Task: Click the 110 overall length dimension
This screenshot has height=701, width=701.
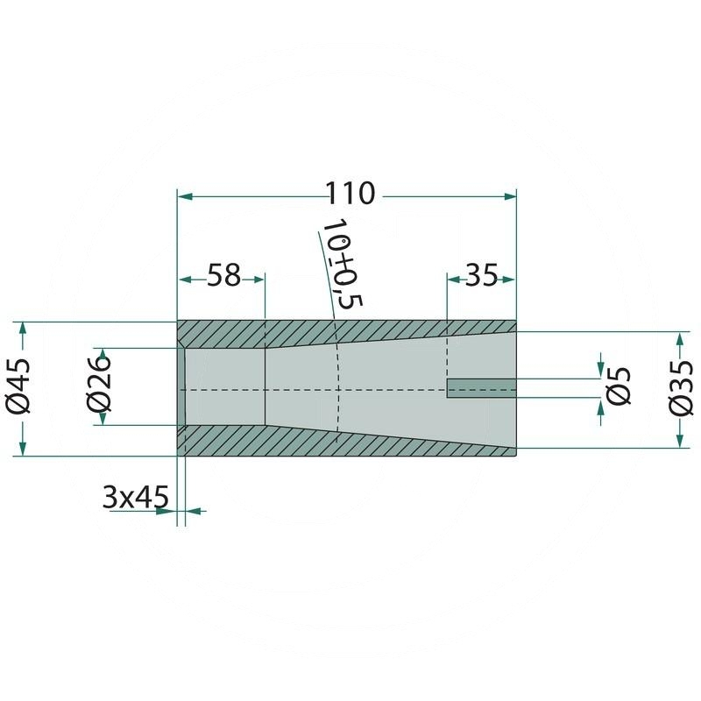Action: (350, 193)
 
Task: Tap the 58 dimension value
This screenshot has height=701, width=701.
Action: (223, 275)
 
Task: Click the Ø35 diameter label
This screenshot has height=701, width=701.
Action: (681, 388)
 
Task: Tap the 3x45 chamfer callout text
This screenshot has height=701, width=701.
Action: (136, 497)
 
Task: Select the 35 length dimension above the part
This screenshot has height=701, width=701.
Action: (481, 275)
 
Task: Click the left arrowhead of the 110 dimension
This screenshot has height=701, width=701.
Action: (185, 196)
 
